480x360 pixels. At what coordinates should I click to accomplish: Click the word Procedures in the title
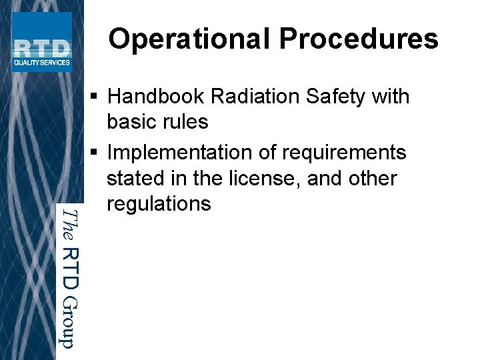point(359,39)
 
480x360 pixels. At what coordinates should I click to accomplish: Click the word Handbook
point(156,97)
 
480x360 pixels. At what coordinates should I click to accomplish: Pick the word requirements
point(344,153)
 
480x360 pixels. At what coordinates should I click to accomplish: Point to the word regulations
point(159,204)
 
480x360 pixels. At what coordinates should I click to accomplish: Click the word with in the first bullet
point(391,97)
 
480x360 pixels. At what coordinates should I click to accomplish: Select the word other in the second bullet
point(373,179)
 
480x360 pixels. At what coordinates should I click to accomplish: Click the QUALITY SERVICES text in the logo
point(41,63)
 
